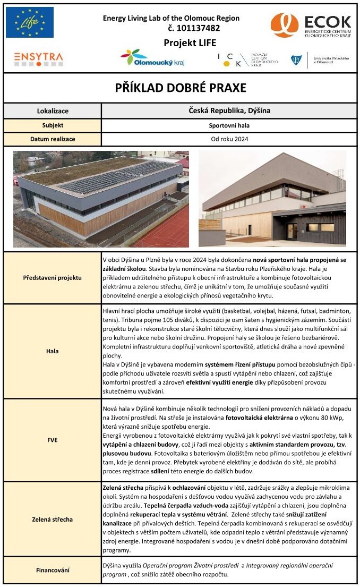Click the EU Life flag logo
coord(30,22)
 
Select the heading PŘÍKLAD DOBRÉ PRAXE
coord(181,88)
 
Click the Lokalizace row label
coord(53,111)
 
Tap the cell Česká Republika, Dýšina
coord(229,110)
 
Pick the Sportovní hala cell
coord(229,125)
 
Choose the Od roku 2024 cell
coord(229,139)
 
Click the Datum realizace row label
coord(53,139)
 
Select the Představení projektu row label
coord(53,278)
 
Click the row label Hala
coord(53,351)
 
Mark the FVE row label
coord(53,440)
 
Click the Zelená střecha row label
coord(53,519)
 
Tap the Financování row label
coord(53,571)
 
